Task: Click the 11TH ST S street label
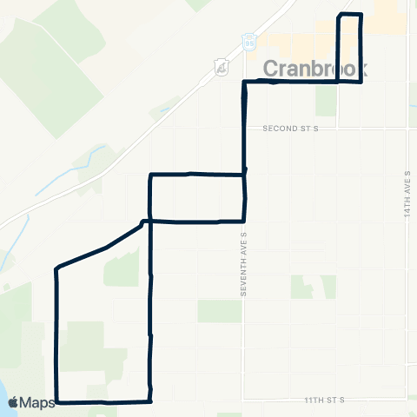pos(325,400)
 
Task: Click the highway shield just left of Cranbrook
pos(222,66)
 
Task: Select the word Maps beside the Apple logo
pos(37,402)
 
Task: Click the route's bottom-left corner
pos(57,401)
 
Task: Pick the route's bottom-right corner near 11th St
pos(152,401)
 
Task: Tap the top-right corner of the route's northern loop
pos(360,16)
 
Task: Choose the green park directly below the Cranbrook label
pos(326,101)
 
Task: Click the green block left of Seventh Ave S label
pos(218,311)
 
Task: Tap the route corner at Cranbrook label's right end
pos(361,82)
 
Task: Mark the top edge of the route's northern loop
pos(349,15)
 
